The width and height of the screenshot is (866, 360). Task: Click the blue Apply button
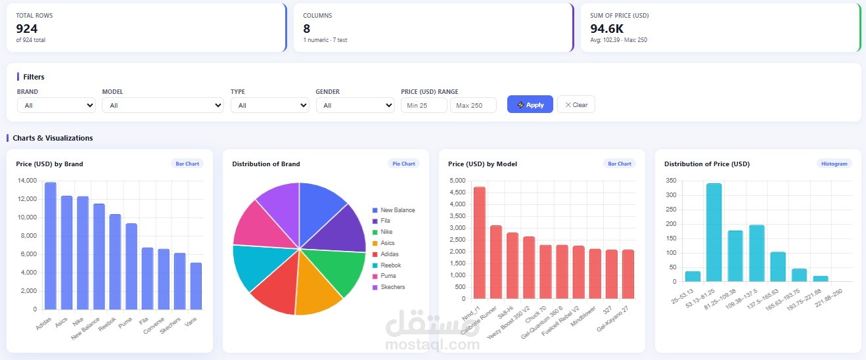(x=530, y=104)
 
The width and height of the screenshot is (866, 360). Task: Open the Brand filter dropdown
(x=57, y=105)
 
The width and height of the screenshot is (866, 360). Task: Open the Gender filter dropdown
(x=355, y=105)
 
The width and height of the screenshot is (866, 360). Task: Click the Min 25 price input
(x=424, y=105)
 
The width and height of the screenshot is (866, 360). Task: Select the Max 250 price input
(x=473, y=105)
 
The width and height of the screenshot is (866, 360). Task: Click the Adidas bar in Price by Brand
(x=51, y=246)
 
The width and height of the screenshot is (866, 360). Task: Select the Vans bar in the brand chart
(x=196, y=286)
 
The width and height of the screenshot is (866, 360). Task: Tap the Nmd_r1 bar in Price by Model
(x=480, y=243)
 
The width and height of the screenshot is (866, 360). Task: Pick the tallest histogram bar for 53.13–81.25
(x=714, y=233)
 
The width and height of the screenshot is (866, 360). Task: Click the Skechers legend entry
(x=388, y=287)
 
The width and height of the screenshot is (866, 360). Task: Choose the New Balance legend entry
(x=394, y=210)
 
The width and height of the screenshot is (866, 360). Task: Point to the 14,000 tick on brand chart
(x=27, y=181)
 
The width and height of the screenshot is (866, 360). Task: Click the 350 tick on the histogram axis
(x=671, y=181)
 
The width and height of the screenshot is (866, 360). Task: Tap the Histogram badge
(x=834, y=164)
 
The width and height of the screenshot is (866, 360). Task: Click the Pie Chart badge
(x=403, y=164)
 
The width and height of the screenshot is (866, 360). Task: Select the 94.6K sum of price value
(x=606, y=29)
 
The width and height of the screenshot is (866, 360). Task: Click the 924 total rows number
(x=27, y=29)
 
